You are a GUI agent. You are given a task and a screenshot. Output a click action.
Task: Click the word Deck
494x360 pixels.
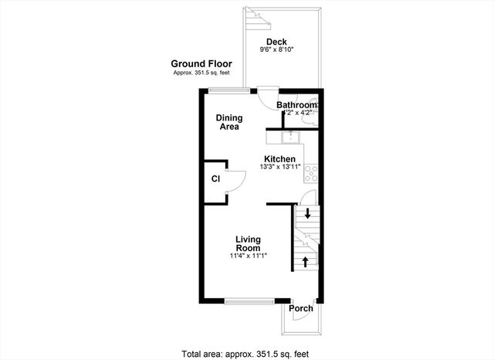click(276, 42)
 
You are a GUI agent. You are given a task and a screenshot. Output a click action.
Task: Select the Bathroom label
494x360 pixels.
click(297, 105)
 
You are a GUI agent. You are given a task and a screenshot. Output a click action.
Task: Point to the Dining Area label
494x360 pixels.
click(229, 122)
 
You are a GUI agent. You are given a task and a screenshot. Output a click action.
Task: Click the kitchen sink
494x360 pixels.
click(291, 138)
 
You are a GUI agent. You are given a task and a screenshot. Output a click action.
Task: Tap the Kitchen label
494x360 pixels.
click(279, 159)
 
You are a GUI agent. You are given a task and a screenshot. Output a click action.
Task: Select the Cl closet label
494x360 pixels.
click(216, 178)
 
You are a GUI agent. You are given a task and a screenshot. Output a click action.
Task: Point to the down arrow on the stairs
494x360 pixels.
click(306, 214)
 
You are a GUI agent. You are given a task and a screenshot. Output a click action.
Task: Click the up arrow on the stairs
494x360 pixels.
click(306, 261)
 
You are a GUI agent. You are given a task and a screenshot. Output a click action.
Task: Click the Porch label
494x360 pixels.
click(301, 309)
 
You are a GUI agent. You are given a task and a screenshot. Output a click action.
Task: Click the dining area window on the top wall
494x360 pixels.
click(229, 91)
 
